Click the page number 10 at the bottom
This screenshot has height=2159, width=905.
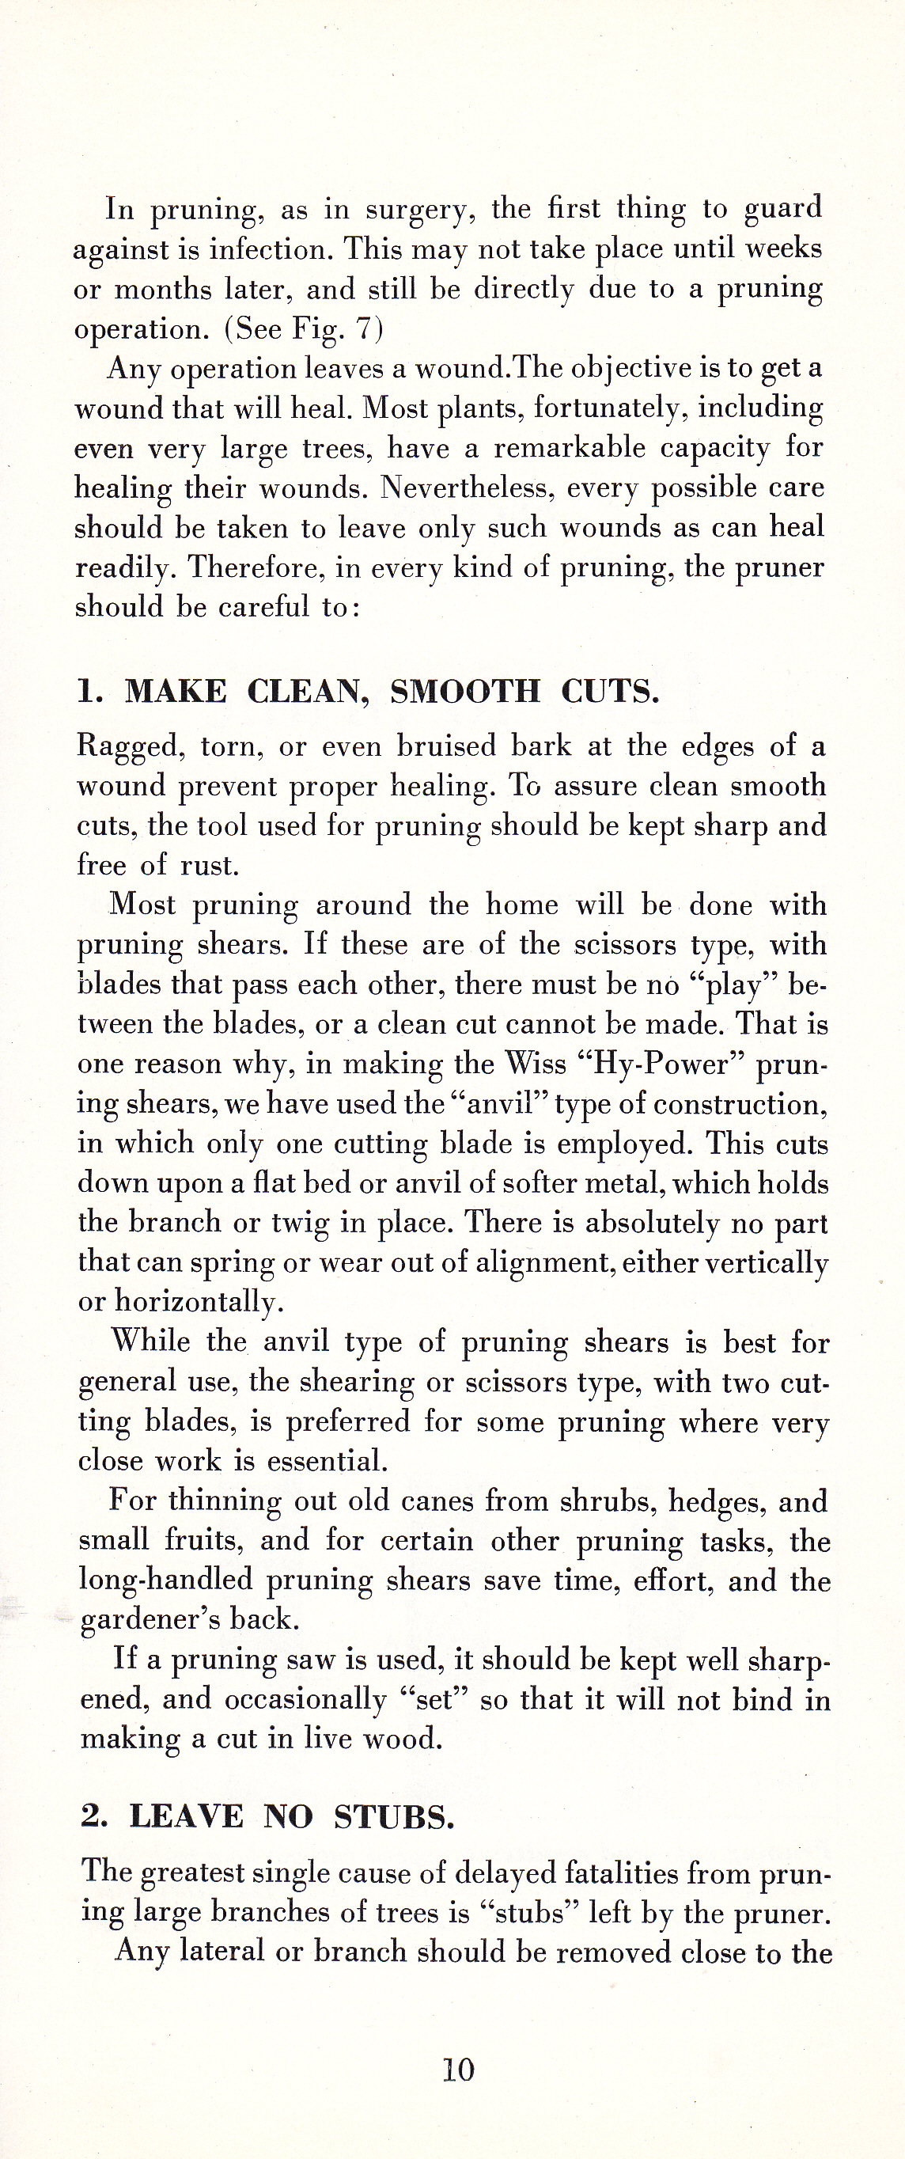458,2070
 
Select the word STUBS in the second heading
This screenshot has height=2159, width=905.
394,1816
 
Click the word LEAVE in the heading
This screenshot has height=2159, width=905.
186,1816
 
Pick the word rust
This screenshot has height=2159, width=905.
210,865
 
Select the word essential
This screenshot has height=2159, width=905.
328,1461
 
